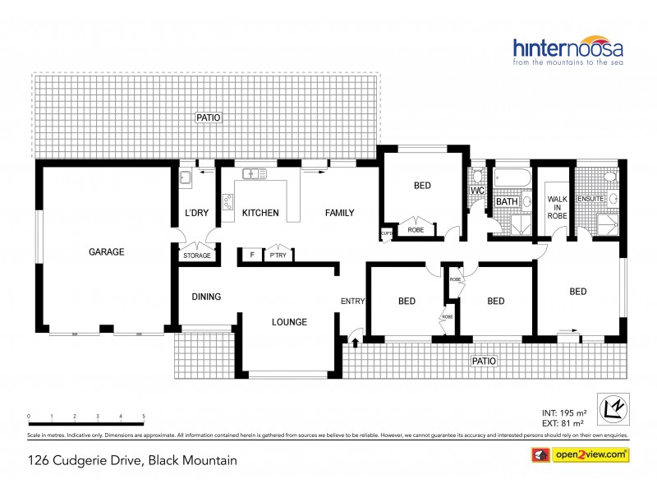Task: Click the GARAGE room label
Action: (x=107, y=252)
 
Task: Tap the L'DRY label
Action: (x=196, y=214)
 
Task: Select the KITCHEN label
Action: (x=260, y=214)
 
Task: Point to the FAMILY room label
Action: (x=339, y=214)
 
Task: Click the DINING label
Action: (x=206, y=297)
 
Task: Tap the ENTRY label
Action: (x=352, y=302)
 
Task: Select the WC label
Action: (x=477, y=191)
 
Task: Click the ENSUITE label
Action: (x=590, y=198)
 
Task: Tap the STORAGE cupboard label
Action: (x=196, y=256)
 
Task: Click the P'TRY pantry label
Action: (x=278, y=256)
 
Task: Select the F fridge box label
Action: (x=251, y=256)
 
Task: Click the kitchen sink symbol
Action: (x=252, y=173)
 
